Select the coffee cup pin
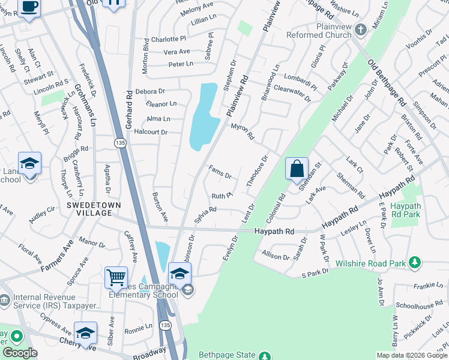(x=29, y=7)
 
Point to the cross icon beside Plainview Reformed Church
(x=360, y=29)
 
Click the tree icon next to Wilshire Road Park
(x=414, y=262)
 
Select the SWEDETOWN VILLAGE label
(x=94, y=209)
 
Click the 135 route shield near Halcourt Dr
(x=119, y=142)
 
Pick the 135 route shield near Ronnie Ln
(x=166, y=325)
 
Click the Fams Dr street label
(x=220, y=172)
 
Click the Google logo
(x=19, y=353)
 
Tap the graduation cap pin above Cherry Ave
(x=86, y=333)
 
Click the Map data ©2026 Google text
(x=412, y=355)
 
